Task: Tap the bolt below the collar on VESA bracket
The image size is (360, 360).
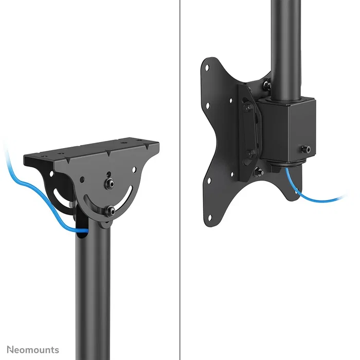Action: coord(259,171)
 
